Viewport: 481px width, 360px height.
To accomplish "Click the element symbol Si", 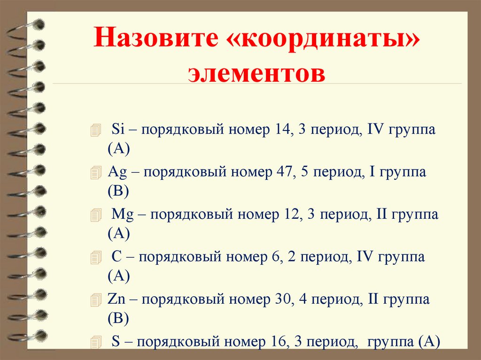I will click(x=117, y=130).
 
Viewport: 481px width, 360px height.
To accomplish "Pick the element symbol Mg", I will click(x=123, y=215).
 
